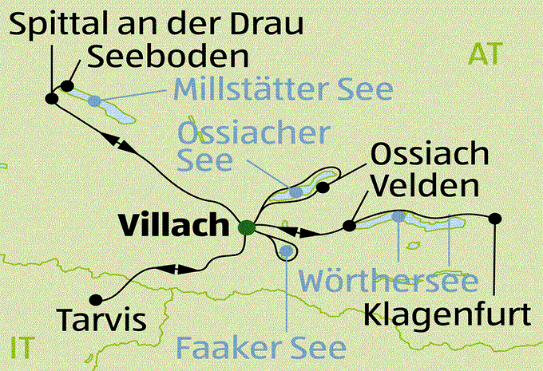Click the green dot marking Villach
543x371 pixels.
(x=248, y=227)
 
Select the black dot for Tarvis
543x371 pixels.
(x=97, y=299)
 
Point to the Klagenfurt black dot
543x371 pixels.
(x=495, y=218)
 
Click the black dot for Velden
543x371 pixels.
(x=348, y=226)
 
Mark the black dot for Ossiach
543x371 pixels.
(x=323, y=187)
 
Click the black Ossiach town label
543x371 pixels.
(x=427, y=153)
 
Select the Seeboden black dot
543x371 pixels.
(x=67, y=86)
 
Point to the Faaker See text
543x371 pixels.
(x=262, y=348)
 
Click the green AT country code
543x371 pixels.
(x=486, y=54)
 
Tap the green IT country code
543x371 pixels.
(x=23, y=348)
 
